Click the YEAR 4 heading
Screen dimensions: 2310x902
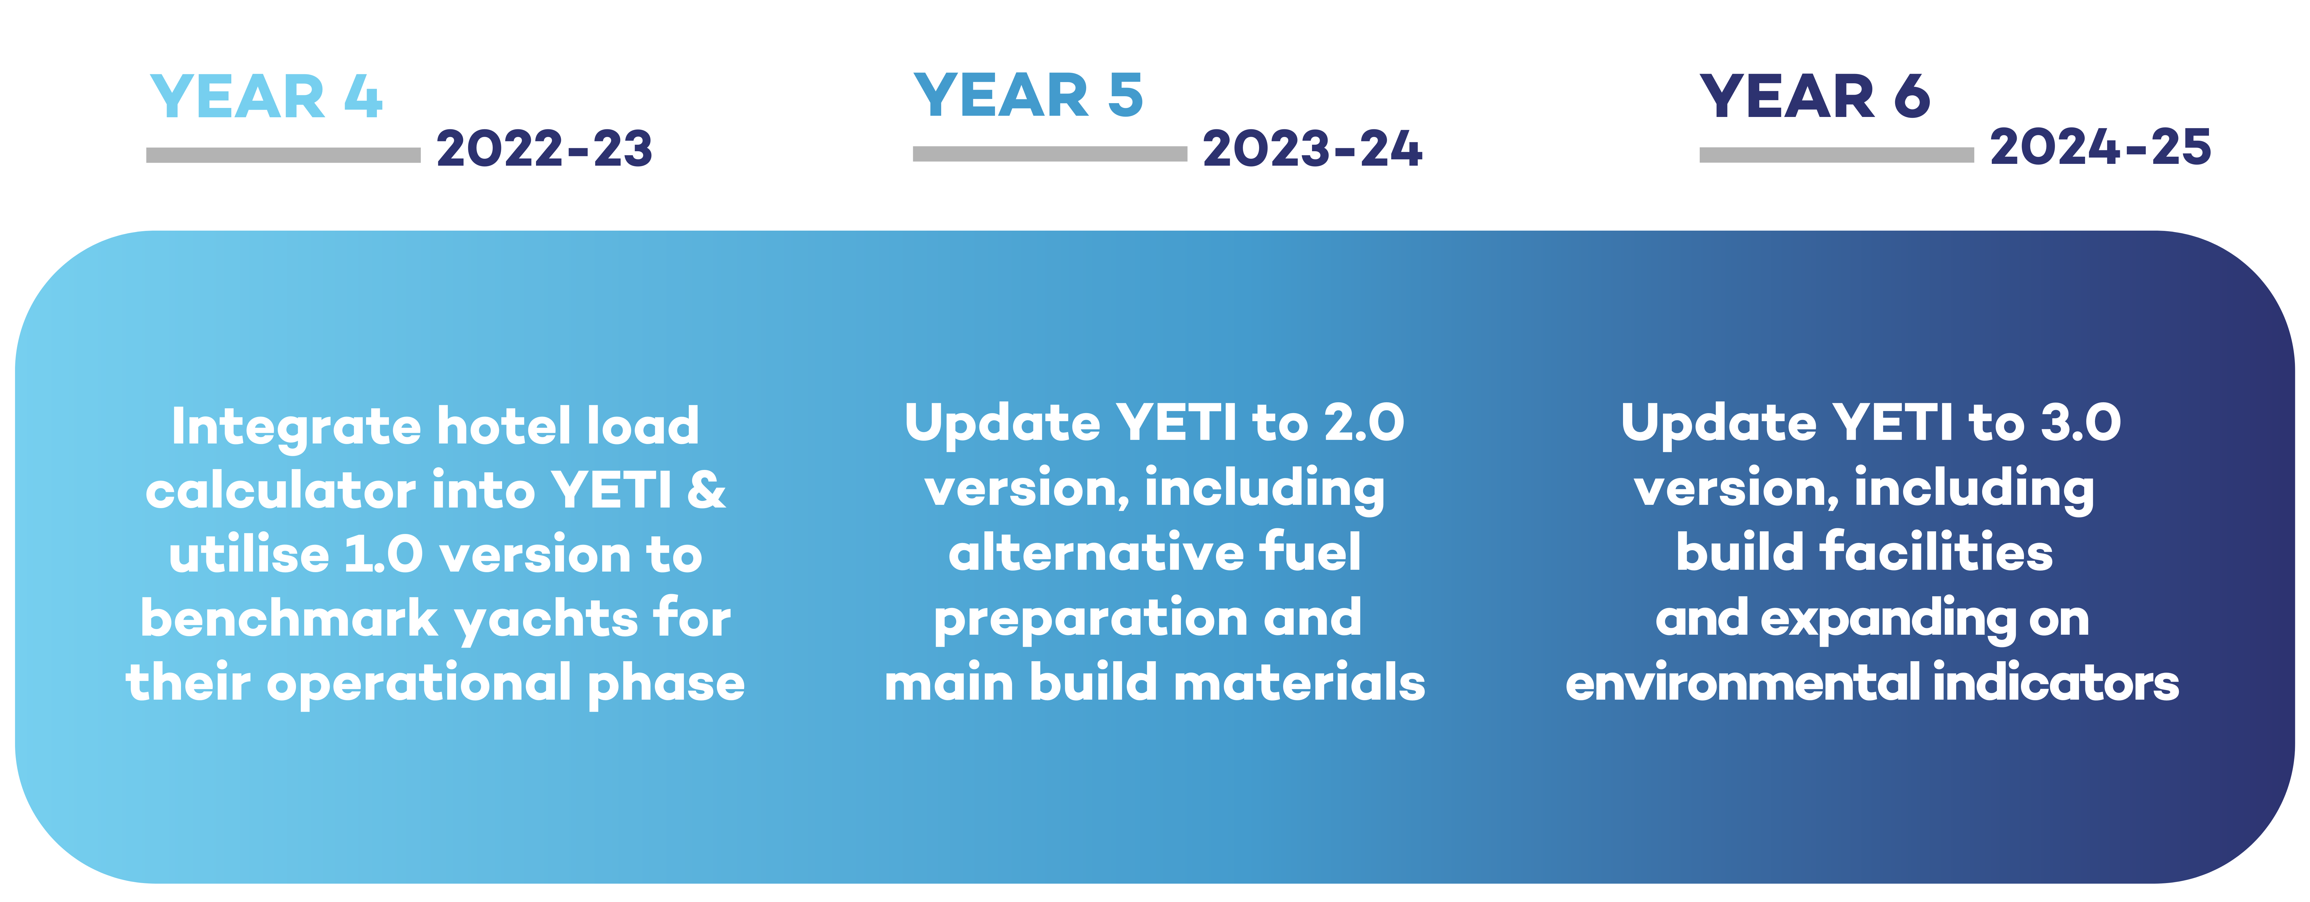266,97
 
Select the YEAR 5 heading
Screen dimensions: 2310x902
1029,95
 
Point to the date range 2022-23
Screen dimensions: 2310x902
544,149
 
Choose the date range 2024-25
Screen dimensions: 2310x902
2100,147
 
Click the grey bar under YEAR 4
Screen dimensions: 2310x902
283,155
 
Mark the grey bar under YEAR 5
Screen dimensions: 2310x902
1050,154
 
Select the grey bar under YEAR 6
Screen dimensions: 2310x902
1837,155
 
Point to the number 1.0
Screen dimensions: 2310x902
384,555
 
